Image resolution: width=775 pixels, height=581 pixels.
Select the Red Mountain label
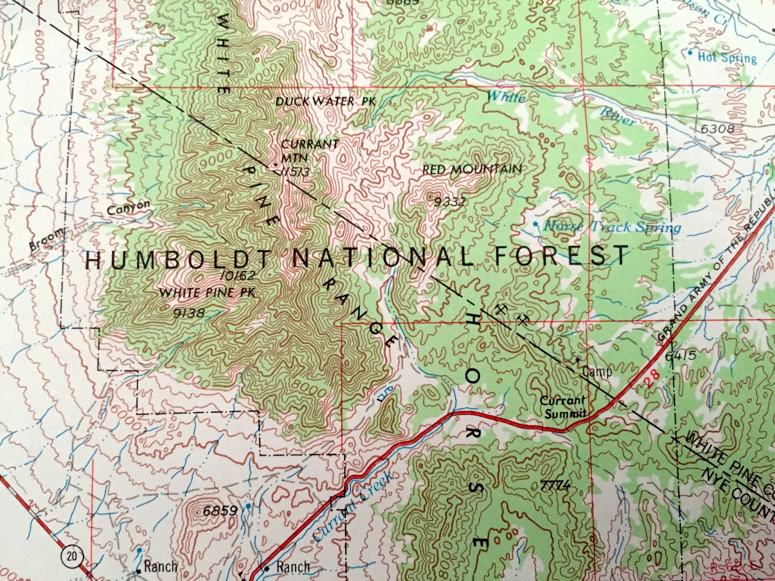(471, 169)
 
